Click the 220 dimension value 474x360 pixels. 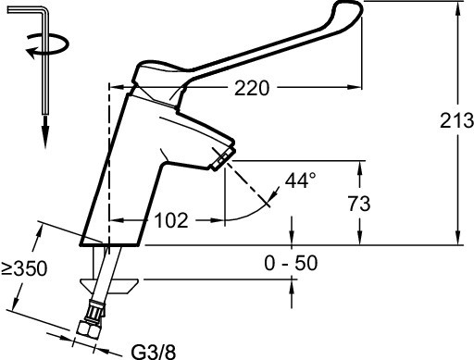click(252, 88)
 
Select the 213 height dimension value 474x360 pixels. click(456, 120)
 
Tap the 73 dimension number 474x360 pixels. click(359, 204)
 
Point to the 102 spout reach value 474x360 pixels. click(171, 220)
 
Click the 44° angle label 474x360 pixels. click(301, 180)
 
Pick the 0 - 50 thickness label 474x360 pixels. click(291, 263)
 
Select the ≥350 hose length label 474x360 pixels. click(24, 268)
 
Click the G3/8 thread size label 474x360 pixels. click(154, 352)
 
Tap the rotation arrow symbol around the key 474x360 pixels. click(47, 45)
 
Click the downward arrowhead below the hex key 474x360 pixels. click(45, 132)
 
